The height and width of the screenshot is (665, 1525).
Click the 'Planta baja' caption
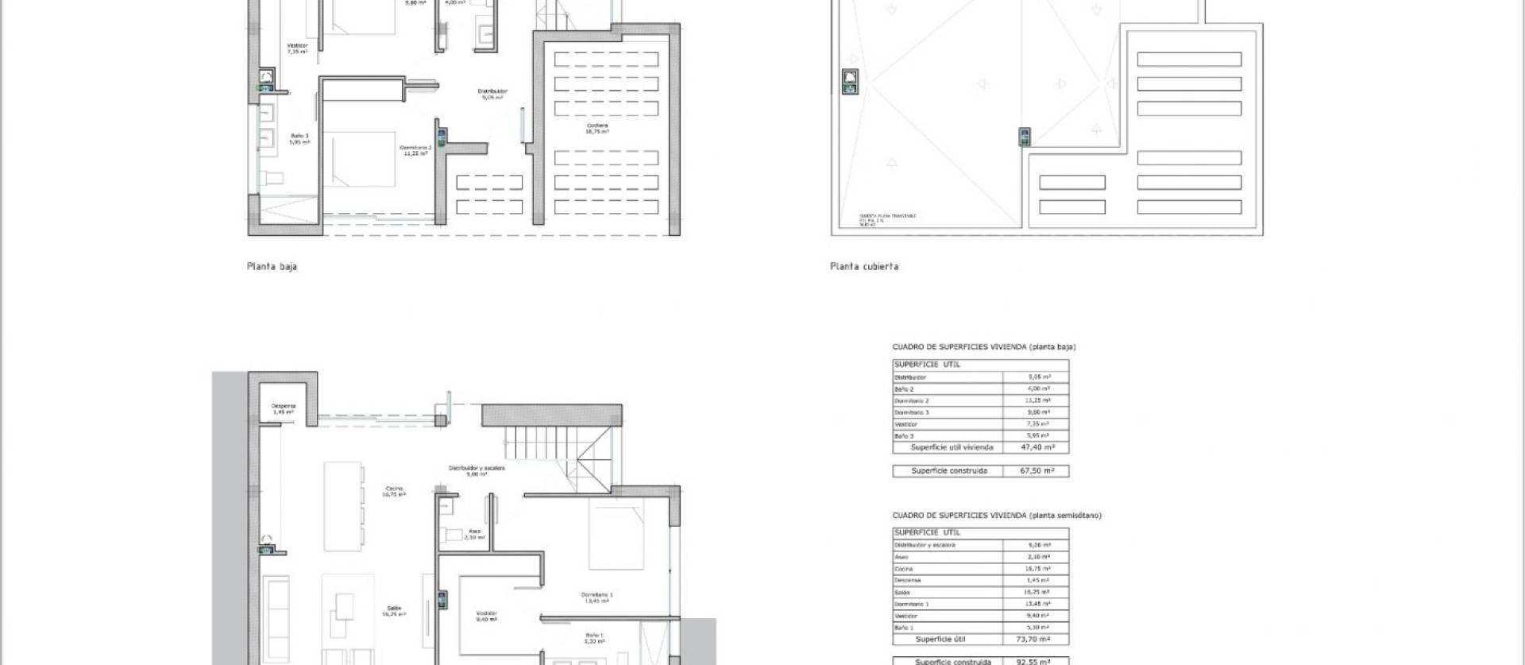272,267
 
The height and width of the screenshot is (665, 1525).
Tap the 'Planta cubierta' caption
864,267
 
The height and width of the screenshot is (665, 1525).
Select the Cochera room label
597,128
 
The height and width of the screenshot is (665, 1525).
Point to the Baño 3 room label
299,138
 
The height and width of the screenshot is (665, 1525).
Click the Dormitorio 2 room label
415,149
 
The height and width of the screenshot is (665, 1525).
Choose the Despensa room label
283,409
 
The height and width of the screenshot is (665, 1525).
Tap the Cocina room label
394,491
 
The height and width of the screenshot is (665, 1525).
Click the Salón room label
394,610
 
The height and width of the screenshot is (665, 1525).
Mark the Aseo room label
474,534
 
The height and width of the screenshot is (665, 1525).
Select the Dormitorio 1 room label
596,597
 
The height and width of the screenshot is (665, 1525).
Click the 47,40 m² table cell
1037,447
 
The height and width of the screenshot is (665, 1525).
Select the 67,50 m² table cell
1037,471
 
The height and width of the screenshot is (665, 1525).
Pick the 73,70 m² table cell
1037,639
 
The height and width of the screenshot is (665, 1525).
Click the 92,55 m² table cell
1037,661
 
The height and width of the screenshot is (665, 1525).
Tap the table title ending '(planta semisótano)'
997,516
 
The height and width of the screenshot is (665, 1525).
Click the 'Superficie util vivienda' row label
952,447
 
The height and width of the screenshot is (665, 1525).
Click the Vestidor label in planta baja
297,48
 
